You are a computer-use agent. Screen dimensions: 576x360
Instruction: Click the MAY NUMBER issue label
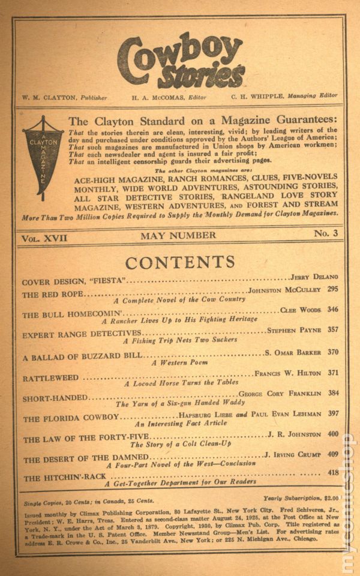pyautogui.click(x=178, y=235)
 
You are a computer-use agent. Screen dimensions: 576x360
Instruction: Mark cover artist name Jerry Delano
pyautogui.click(x=313, y=277)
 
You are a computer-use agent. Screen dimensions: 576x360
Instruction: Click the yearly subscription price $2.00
pyautogui.click(x=330, y=497)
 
